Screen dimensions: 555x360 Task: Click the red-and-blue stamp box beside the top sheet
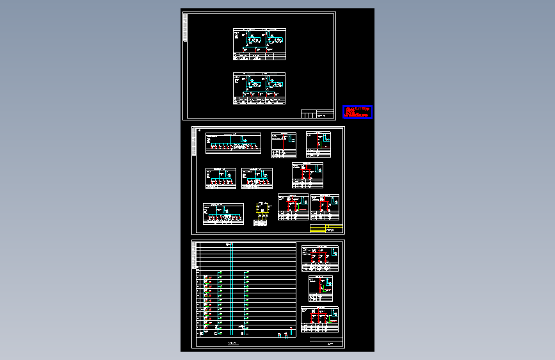[x=357, y=112]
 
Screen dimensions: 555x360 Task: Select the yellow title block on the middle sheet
[x=326, y=229]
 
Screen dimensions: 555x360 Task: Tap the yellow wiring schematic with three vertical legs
[x=262, y=213]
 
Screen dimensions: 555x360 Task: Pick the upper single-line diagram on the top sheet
[x=259, y=44]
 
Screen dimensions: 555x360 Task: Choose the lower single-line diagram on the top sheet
[x=259, y=88]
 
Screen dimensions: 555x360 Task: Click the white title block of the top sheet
[x=318, y=114]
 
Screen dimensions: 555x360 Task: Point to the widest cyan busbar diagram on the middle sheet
[x=233, y=143]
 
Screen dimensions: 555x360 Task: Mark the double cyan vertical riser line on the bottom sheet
[x=231, y=288]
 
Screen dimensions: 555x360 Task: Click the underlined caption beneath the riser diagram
[x=232, y=343]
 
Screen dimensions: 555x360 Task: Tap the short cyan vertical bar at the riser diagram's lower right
[x=291, y=331]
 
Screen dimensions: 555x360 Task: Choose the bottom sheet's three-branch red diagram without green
[x=319, y=258]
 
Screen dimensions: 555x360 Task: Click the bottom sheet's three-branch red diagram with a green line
[x=319, y=319]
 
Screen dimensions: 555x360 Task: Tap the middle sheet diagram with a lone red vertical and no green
[x=284, y=144]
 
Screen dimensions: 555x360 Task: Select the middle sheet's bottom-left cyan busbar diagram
[x=223, y=215]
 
